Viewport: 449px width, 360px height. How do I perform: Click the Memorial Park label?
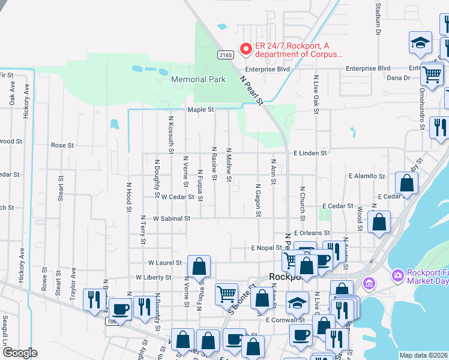click(x=198, y=79)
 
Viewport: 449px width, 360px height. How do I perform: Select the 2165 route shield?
click(x=225, y=55)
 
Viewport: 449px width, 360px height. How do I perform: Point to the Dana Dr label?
click(x=398, y=78)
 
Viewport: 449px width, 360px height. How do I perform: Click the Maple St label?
click(x=200, y=110)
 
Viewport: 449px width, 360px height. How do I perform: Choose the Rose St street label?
click(x=62, y=145)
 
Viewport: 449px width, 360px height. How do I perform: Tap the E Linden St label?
click(x=310, y=153)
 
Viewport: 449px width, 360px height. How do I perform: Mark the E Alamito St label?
click(x=366, y=176)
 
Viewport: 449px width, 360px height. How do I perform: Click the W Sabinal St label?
click(x=171, y=219)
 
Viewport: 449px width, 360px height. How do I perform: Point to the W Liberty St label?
click(x=154, y=278)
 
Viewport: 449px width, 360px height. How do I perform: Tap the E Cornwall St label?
click(x=287, y=320)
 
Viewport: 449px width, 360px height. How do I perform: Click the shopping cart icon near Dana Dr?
click(x=432, y=74)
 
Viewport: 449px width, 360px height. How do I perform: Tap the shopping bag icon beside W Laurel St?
click(x=199, y=265)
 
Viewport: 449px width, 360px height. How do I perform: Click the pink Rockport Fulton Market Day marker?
click(x=397, y=276)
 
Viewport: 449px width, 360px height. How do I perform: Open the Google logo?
click(x=19, y=353)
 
